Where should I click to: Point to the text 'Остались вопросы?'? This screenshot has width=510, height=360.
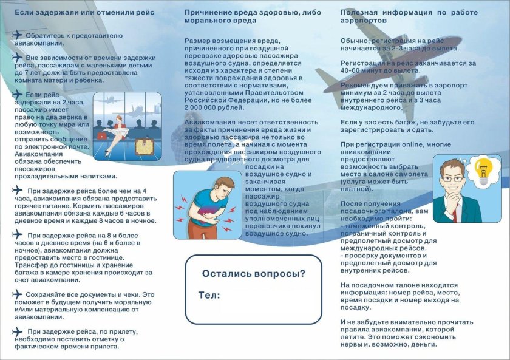253,273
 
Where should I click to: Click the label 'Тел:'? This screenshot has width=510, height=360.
208,295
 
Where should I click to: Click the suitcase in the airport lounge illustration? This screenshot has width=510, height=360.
144,146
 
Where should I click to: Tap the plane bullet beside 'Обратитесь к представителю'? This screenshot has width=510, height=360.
17,35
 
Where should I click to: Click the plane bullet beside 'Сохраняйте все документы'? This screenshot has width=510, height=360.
17,294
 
